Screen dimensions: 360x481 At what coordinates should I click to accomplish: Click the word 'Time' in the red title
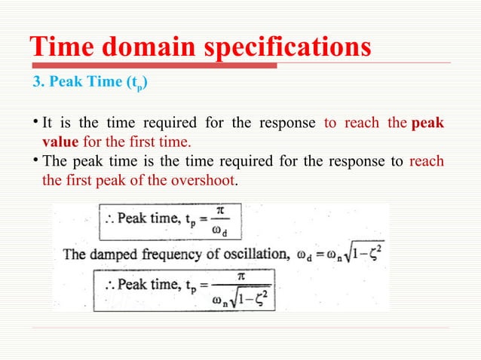pos(60,47)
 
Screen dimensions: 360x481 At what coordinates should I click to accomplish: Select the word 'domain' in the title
pos(149,47)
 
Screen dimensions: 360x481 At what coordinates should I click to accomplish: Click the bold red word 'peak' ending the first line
pos(427,124)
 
